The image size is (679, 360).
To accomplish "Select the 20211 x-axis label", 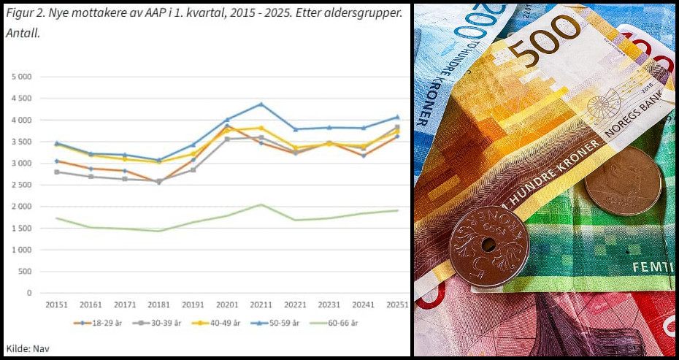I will click(261, 304).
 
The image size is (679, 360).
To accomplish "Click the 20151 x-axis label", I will click(56, 304).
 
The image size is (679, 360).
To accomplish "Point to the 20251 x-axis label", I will click(398, 304).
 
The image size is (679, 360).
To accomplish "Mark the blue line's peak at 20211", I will click(261, 104).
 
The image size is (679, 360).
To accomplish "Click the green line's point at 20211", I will click(261, 204).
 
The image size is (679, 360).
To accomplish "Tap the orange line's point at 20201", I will click(227, 126).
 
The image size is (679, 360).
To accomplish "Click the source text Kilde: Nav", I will click(27, 348).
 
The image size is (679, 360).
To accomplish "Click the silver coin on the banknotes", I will click(623, 181).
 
